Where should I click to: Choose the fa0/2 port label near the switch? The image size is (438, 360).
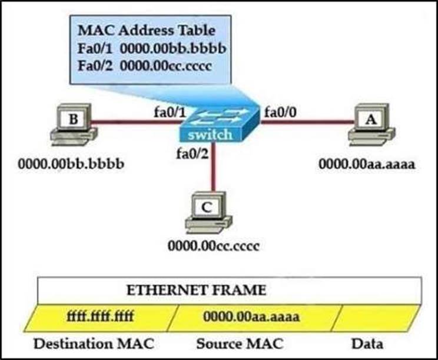(189, 154)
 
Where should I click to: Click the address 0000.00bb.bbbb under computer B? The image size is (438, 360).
(71, 163)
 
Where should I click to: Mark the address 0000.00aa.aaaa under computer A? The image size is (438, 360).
(367, 164)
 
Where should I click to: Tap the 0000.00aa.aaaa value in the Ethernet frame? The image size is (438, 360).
(252, 317)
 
